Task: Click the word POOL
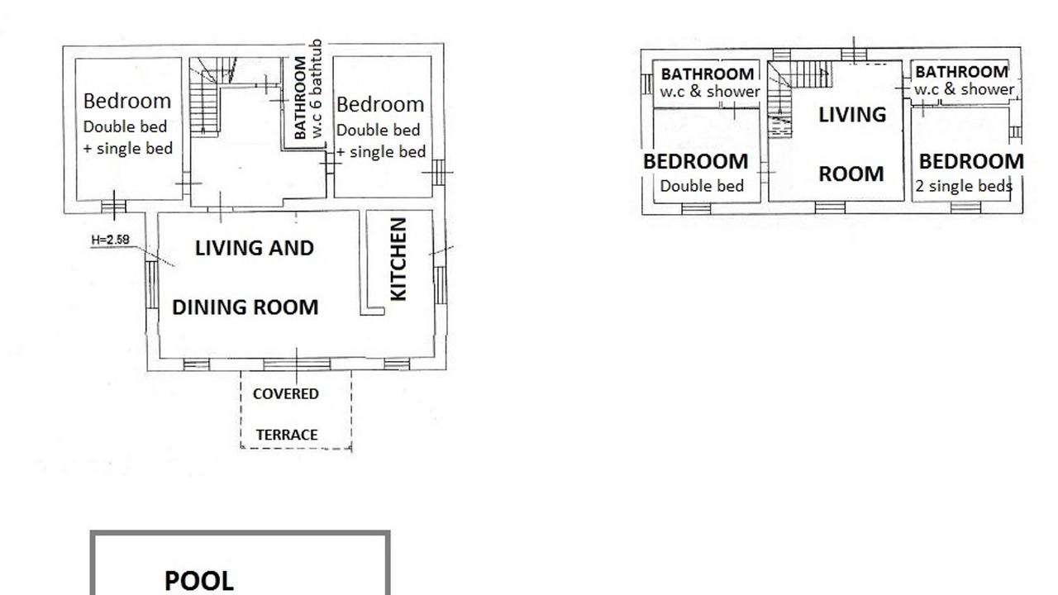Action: coord(199,581)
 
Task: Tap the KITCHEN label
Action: coord(398,259)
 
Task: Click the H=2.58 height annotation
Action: coord(111,240)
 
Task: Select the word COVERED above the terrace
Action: coord(286,394)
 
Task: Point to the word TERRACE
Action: coord(287,435)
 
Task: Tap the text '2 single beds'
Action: coord(964,186)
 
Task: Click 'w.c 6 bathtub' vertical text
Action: coord(317,88)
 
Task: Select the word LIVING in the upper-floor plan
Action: coord(852,115)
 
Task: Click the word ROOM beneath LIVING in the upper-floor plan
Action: coord(851,174)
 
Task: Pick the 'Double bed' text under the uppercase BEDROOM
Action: coord(702,186)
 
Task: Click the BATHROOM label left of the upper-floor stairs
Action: coord(707,74)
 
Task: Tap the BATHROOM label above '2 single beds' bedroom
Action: coord(961,72)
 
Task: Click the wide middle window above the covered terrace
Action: coord(297,364)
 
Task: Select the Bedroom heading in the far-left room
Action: coord(127,101)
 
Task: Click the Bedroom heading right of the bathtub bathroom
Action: coord(380,104)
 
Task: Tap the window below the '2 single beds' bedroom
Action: coord(965,207)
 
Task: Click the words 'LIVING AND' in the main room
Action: coord(255,249)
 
